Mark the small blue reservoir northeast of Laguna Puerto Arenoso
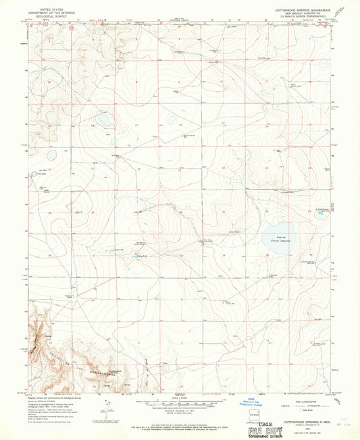point(319,214)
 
